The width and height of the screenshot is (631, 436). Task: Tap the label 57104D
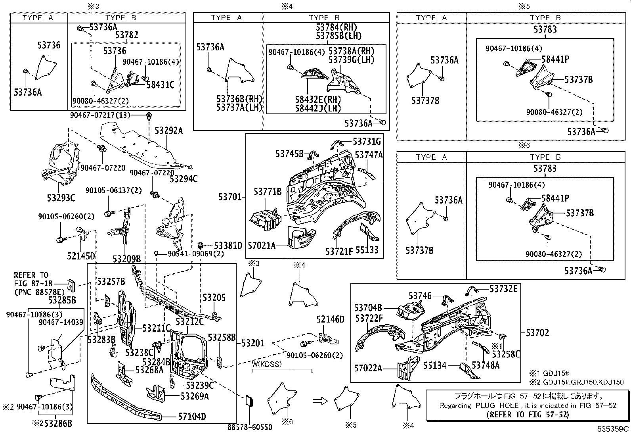tap(192, 417)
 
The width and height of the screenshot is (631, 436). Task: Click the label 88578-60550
tap(250, 427)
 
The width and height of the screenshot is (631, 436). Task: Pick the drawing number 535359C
tap(613, 429)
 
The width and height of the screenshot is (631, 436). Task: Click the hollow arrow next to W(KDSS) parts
tap(319, 401)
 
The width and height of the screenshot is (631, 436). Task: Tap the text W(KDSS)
tap(268, 364)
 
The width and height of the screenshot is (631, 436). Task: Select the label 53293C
tap(61, 198)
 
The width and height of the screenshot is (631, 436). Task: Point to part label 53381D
tap(228, 246)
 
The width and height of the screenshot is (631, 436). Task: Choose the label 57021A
tap(261, 246)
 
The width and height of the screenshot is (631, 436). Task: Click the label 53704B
tap(368, 307)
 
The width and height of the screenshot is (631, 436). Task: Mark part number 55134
tap(435, 365)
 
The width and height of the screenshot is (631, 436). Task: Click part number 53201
tap(253, 343)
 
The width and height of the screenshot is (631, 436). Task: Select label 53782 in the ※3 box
tap(127, 35)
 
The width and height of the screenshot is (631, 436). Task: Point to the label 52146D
tap(330, 319)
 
